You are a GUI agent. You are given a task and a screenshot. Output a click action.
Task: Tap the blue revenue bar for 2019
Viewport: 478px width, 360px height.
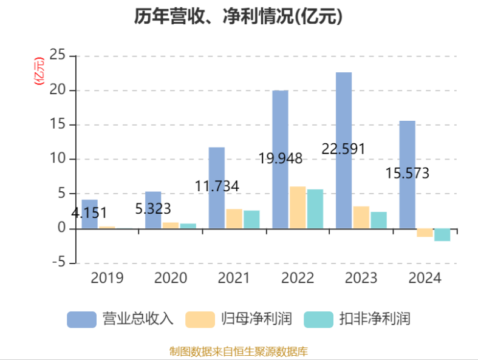[x=89, y=214]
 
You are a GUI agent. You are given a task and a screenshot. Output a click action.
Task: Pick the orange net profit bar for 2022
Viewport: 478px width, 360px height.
[x=298, y=208]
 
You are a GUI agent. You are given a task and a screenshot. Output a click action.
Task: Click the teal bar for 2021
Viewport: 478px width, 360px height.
[x=251, y=219]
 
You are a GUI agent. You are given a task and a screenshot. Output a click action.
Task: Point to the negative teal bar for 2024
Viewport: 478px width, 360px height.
[x=442, y=235]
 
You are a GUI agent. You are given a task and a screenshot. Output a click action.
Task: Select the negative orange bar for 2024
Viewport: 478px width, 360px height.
[x=425, y=233]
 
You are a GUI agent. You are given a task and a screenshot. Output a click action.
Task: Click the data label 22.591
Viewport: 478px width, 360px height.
[x=343, y=149]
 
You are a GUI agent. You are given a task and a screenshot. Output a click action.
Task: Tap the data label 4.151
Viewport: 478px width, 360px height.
[x=89, y=213]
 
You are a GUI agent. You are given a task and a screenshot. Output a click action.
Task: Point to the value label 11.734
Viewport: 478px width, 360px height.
[x=217, y=186]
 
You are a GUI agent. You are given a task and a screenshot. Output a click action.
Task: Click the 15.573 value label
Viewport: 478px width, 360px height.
[x=407, y=174]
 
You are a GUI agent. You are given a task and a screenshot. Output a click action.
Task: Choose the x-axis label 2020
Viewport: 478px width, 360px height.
[x=170, y=279]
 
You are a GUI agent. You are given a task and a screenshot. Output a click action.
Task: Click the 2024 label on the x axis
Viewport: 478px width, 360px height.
[x=424, y=279]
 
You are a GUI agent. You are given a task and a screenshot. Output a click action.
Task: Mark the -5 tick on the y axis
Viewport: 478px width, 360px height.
[x=58, y=263]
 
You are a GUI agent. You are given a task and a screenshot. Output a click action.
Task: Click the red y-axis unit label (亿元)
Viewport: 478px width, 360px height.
[x=39, y=71]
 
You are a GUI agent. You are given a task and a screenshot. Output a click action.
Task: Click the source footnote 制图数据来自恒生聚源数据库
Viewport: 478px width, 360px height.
[x=239, y=351]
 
